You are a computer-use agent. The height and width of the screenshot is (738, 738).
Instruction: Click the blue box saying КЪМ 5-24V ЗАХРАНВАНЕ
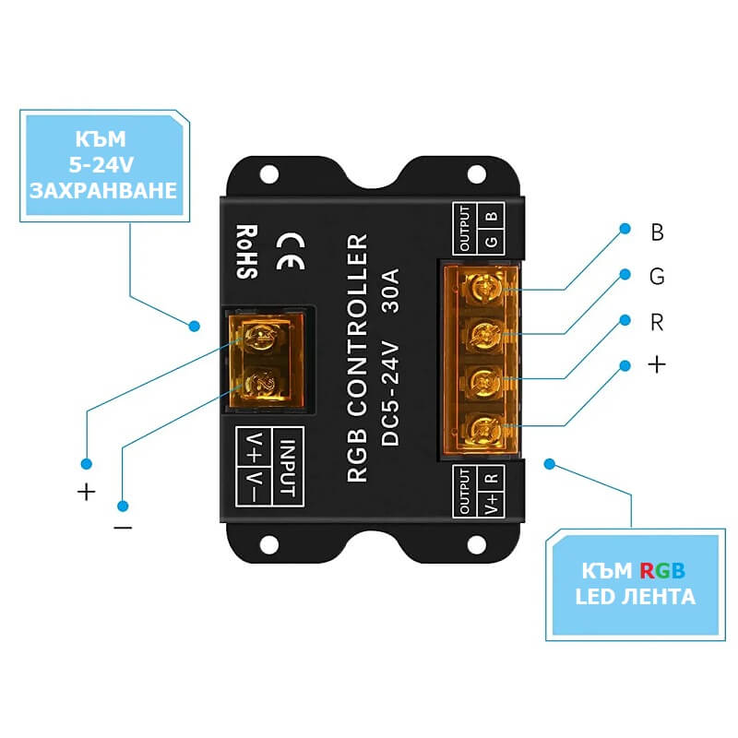[102, 166]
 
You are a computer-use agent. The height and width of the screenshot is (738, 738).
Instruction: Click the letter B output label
[657, 232]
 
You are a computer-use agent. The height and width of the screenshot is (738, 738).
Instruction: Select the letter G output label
[657, 277]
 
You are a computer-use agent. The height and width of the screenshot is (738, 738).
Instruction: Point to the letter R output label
[657, 324]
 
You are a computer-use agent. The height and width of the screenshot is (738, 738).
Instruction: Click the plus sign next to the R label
[656, 365]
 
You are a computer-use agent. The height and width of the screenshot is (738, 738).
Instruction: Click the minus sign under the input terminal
[123, 528]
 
